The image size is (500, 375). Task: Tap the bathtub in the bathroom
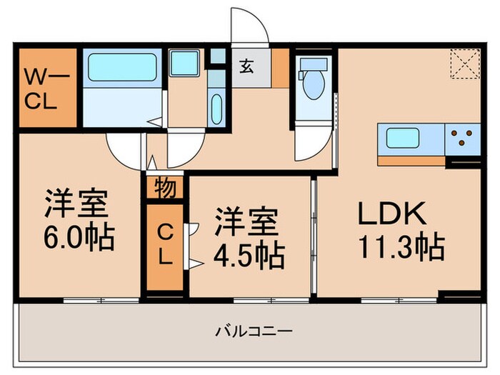coord(121,69)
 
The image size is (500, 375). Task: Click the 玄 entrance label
coord(246,68)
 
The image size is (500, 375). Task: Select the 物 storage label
coord(164,189)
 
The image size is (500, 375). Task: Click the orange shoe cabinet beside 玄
coord(281,67)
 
